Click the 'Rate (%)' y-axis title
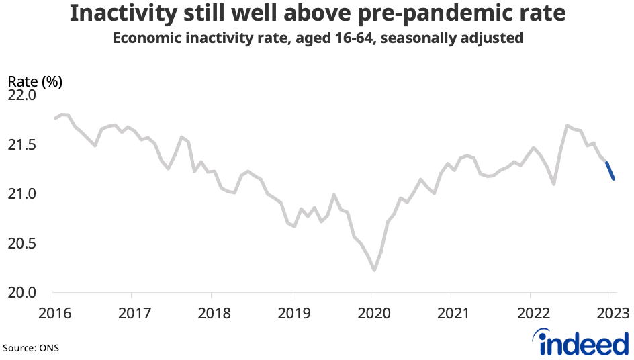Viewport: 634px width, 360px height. click(35, 81)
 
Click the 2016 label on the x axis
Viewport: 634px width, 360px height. click(52, 313)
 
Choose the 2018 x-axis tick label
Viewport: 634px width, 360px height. click(211, 313)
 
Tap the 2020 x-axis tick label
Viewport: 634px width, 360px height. click(371, 313)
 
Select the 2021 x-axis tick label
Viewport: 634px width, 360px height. click(451, 313)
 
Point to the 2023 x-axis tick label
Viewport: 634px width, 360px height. click(610, 313)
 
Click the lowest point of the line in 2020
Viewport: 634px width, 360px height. click(374, 271)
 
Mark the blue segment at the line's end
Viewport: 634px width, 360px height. click(610, 171)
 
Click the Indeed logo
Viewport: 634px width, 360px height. click(583, 343)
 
